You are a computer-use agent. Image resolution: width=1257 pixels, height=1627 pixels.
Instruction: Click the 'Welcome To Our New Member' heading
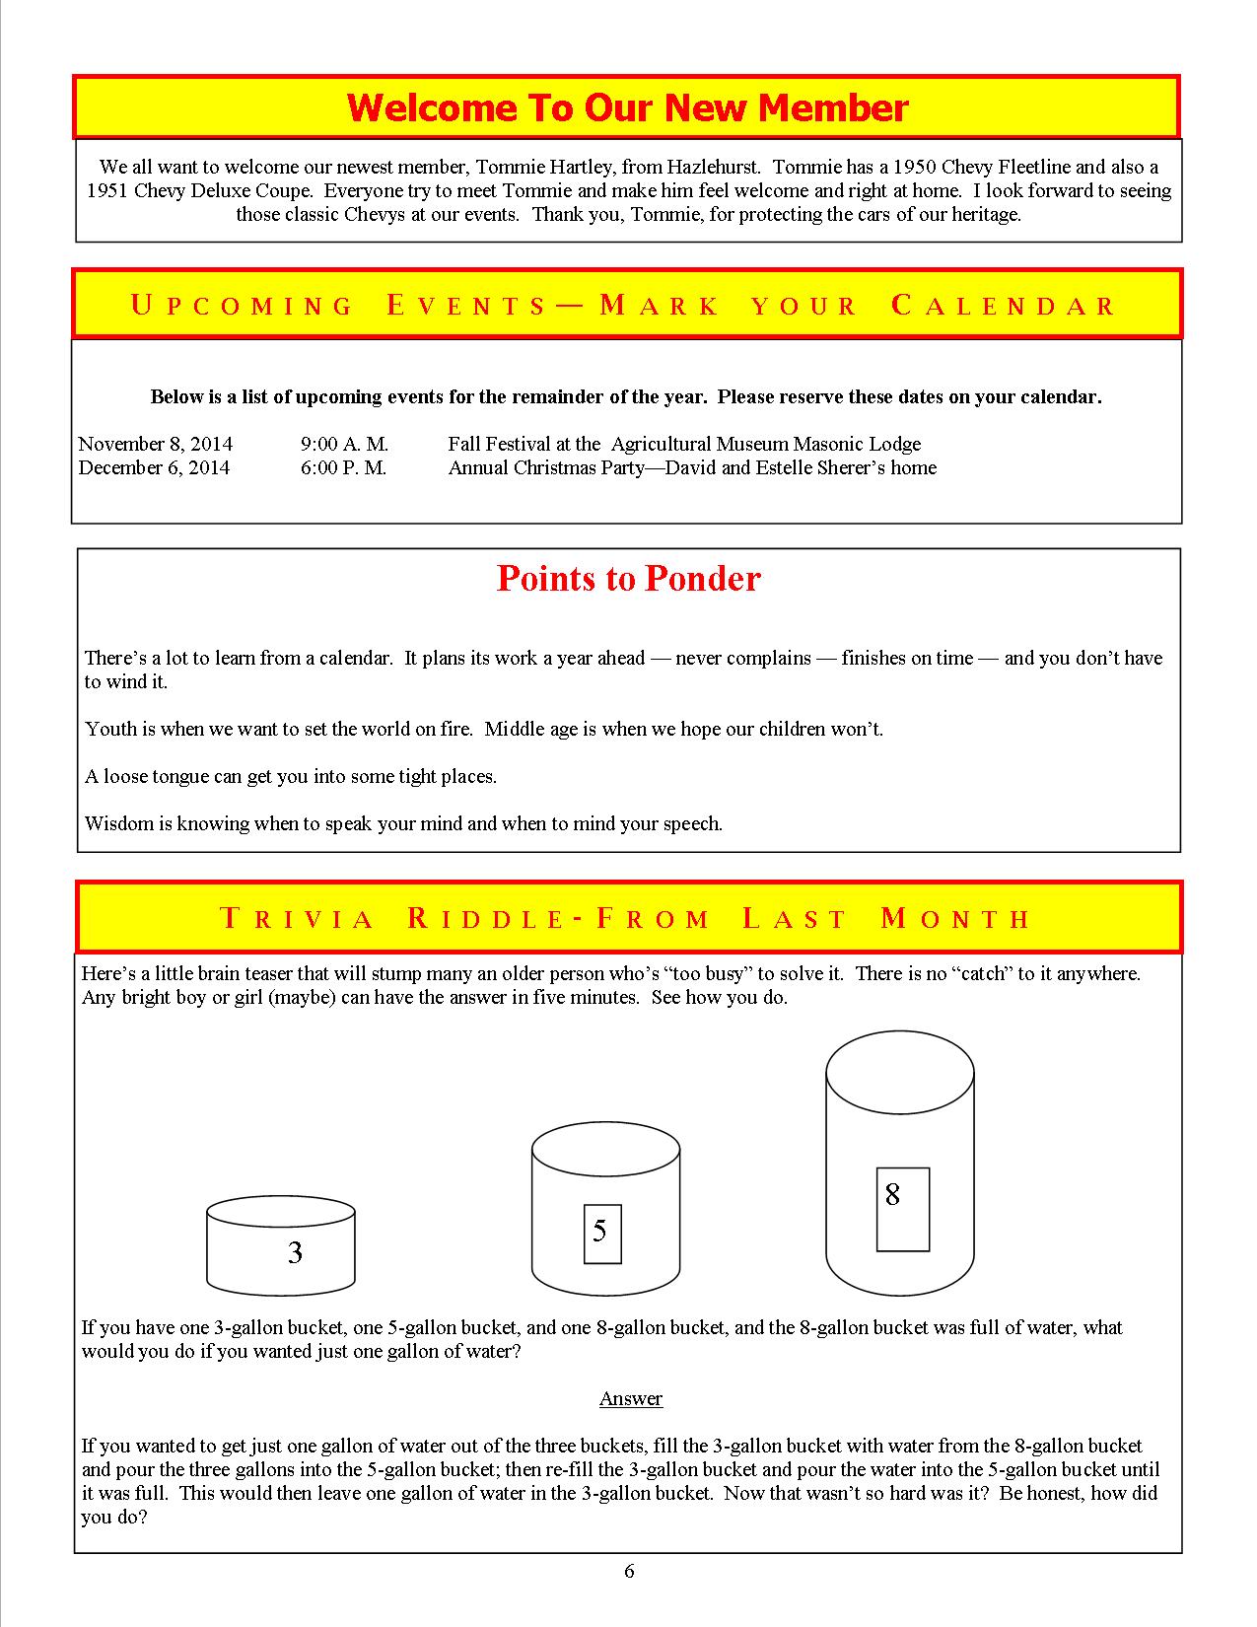tap(627, 107)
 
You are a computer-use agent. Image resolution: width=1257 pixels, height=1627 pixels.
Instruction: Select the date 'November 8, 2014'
tap(156, 444)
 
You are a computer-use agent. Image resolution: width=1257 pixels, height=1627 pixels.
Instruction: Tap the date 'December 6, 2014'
tap(154, 467)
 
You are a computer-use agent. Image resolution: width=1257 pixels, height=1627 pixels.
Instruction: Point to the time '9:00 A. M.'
tap(344, 444)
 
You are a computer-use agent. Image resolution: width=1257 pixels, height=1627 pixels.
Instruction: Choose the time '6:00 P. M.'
tap(343, 467)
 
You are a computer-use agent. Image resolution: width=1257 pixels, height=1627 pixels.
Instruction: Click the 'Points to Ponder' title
tap(628, 578)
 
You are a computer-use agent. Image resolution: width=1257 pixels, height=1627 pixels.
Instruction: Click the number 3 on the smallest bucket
tap(295, 1252)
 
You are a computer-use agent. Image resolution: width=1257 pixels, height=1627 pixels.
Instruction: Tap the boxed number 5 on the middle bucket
tap(600, 1231)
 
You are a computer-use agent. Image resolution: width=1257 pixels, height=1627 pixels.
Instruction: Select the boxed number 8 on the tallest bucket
tap(893, 1195)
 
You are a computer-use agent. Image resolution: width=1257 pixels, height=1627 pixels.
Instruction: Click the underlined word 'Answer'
tap(631, 1398)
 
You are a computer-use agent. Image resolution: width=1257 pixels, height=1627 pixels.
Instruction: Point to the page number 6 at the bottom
tap(629, 1571)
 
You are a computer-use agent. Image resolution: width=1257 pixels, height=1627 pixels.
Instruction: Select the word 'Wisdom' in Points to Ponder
tap(115, 823)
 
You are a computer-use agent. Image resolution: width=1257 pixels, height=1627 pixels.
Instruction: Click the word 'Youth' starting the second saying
tap(109, 729)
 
